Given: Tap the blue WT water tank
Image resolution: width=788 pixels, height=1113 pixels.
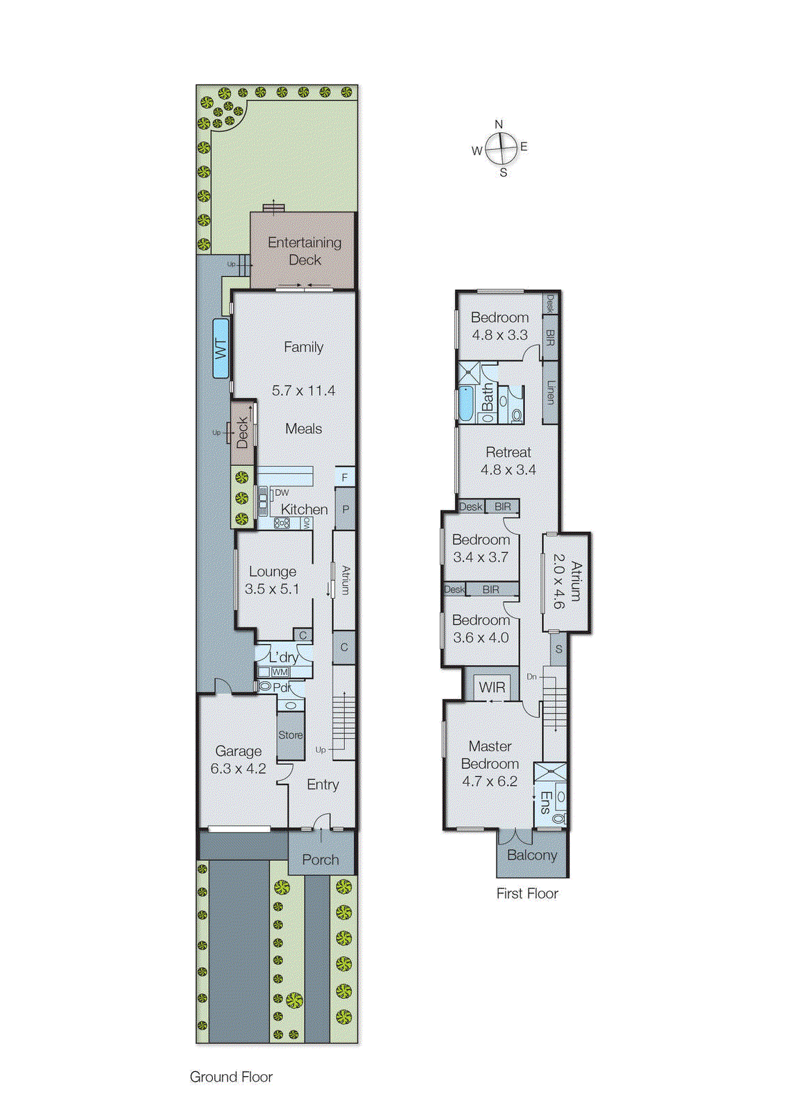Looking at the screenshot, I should (221, 348).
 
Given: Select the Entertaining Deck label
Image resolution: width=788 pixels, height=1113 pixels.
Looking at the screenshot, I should (305, 250).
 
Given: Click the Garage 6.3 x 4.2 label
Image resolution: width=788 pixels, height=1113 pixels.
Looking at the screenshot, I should (239, 760).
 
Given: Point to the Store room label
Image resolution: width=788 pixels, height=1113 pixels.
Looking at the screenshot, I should (290, 735).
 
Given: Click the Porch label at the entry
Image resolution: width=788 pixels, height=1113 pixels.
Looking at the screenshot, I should (321, 860).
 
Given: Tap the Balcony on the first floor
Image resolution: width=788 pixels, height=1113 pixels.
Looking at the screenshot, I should (532, 855).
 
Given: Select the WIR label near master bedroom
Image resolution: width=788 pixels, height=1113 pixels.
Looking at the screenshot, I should (492, 687).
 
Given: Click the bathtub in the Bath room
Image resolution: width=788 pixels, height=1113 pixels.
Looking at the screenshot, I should (465, 404).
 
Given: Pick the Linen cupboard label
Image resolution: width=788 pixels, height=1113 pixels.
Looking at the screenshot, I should (550, 392).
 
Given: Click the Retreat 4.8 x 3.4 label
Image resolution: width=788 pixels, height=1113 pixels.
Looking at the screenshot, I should (508, 461).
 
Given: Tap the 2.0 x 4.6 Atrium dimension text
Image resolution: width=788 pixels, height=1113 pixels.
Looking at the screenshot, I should (558, 582).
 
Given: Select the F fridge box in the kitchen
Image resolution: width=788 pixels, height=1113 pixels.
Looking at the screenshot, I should (345, 477).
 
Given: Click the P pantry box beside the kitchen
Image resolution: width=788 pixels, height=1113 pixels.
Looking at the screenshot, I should (346, 509).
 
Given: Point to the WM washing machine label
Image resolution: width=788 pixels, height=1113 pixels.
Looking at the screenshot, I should (280, 672).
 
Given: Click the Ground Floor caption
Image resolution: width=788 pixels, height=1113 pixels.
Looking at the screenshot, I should (231, 1077).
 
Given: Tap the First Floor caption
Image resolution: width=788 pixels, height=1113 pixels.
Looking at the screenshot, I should (527, 894).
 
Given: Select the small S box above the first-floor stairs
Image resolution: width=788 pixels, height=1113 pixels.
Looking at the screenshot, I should (558, 650).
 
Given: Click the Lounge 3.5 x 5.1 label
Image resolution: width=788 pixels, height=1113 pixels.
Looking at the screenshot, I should (272, 580).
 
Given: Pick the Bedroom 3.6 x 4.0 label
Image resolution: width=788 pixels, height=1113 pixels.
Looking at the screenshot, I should (481, 629).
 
